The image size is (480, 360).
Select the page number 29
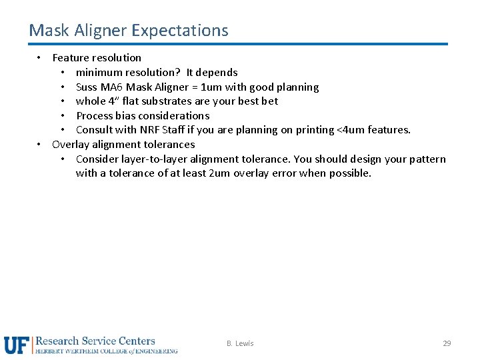click(x=447, y=343)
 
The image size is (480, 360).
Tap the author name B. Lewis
click(x=240, y=343)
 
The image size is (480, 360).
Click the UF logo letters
click(x=17, y=345)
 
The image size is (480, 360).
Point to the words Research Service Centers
click(x=95, y=341)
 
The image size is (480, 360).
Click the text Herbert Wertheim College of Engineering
click(x=107, y=351)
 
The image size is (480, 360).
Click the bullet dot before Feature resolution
click(x=40, y=57)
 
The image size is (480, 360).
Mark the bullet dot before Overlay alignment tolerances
click(x=40, y=144)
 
